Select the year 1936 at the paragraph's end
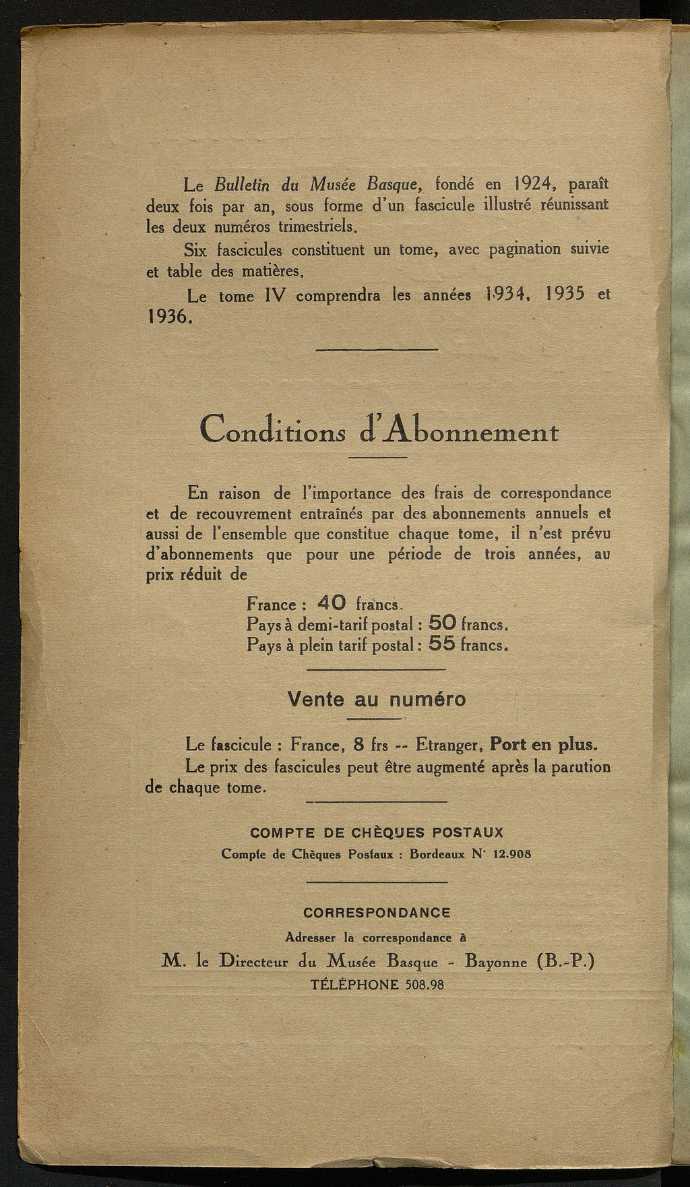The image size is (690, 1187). (x=168, y=316)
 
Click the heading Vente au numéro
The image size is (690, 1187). (x=377, y=699)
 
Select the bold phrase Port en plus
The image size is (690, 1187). (x=543, y=745)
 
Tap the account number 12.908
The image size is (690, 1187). (x=512, y=853)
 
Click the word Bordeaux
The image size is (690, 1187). (x=438, y=853)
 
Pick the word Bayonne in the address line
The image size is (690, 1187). (x=495, y=962)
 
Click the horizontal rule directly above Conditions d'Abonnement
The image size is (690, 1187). (x=377, y=349)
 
